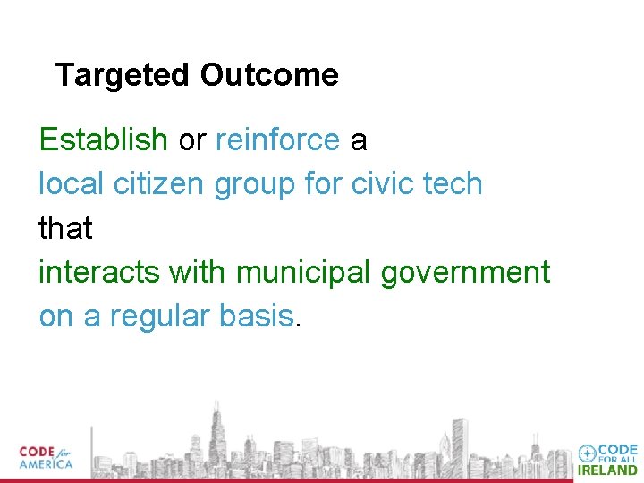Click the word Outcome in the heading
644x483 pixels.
coord(269,76)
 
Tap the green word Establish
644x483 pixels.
coord(103,140)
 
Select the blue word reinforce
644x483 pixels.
coord(277,140)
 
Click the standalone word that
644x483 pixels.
coord(65,228)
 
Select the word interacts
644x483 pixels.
coord(98,272)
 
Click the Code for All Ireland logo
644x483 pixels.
coord(608,459)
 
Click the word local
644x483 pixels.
coord(72,184)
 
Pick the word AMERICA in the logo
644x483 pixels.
coord(46,465)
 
